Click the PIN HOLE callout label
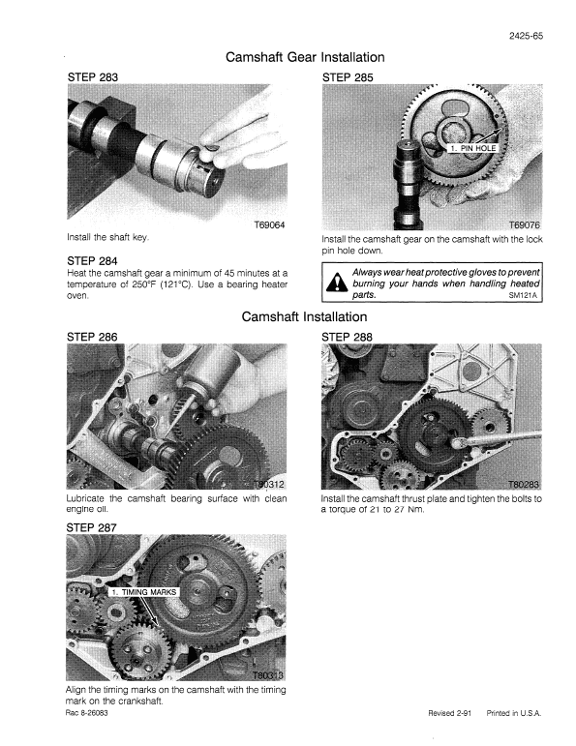point(471,148)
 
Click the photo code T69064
point(268,225)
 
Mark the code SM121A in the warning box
point(522,296)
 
